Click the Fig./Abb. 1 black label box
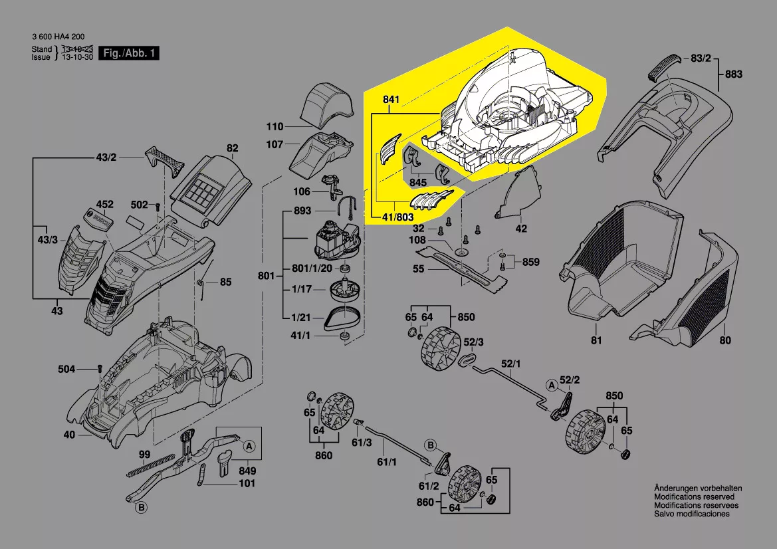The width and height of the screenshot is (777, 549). [130, 53]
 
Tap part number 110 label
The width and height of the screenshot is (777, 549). [275, 126]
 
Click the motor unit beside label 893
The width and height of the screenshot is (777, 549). [335, 241]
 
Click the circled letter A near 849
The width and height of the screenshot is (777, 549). [249, 445]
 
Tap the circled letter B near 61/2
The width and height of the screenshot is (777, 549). [430, 445]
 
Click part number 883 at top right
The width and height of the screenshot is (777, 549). [733, 74]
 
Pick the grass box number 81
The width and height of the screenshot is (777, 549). [596, 340]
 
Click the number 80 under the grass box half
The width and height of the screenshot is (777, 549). [724, 340]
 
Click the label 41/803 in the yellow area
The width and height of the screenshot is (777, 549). [398, 217]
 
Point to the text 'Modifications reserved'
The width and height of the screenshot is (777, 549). [694, 496]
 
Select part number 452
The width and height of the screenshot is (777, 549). [105, 204]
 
